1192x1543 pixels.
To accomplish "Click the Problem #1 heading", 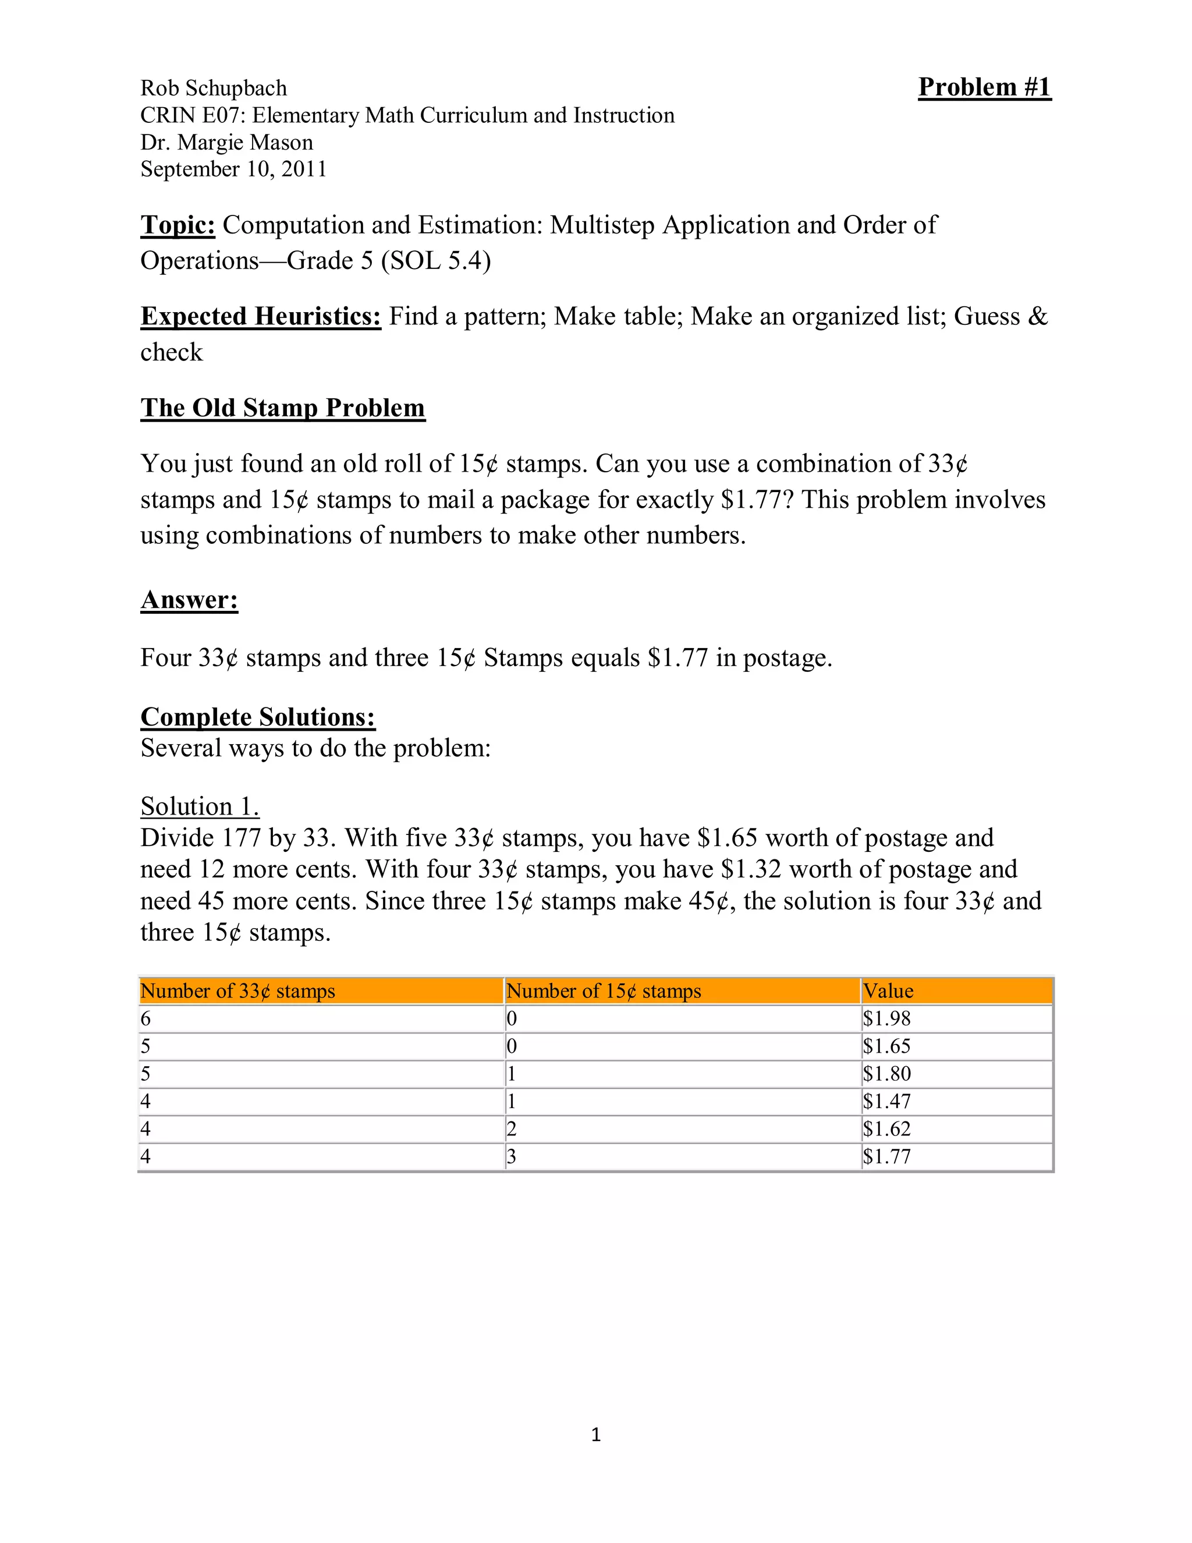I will point(984,87).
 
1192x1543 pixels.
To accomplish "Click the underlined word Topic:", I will point(178,225).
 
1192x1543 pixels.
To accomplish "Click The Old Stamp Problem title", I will point(282,408).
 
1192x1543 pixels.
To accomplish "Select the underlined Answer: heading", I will point(189,599).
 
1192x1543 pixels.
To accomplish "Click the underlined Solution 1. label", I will point(199,806).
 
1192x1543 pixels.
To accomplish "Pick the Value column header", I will point(888,990).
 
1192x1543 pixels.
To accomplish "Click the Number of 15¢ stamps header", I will point(603,990).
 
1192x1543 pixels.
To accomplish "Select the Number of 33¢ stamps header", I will point(237,990).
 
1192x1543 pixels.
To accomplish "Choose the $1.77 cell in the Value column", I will point(886,1156).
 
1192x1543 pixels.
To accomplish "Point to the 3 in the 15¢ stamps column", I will point(511,1156).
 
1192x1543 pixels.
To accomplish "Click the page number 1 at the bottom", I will point(595,1434).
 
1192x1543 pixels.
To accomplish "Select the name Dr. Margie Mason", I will point(226,143).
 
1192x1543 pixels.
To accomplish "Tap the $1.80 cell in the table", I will point(886,1073).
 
